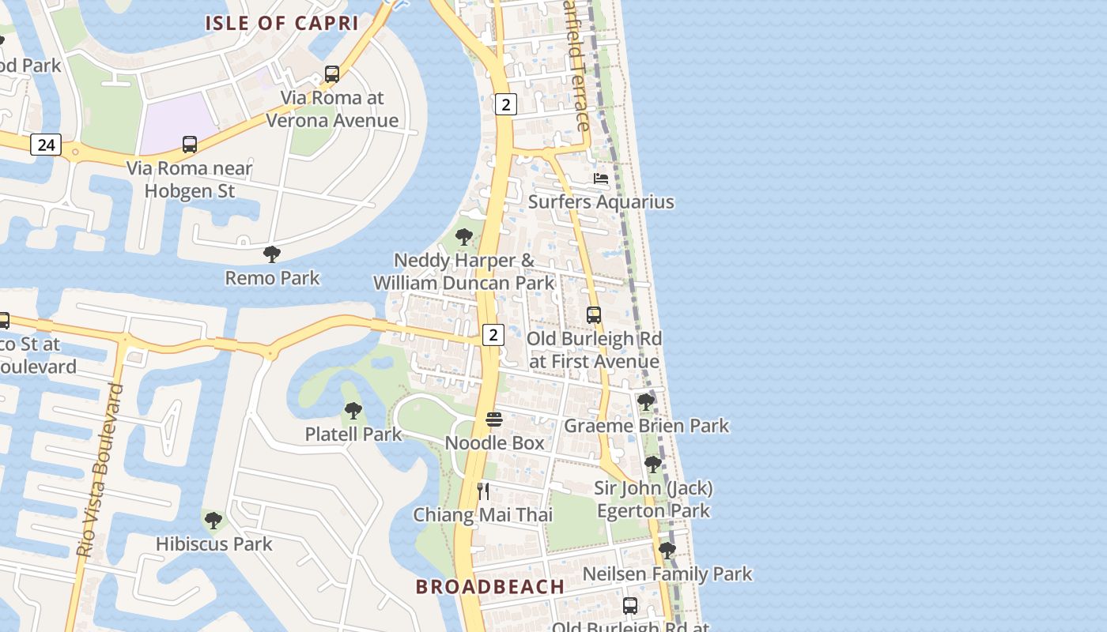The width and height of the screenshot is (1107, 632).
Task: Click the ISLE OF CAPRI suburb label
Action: [282, 23]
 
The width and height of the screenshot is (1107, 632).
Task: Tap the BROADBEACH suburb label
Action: [490, 587]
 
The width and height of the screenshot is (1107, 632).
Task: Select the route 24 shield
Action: [46, 145]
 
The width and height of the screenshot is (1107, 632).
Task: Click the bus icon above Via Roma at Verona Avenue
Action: [332, 74]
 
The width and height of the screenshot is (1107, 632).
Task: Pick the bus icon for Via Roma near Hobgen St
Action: [190, 145]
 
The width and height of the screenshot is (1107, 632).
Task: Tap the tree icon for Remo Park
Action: [272, 254]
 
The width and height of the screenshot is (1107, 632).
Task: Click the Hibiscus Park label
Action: [213, 544]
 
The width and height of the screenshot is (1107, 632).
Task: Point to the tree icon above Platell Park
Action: [353, 411]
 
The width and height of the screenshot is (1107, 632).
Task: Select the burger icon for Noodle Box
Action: [494, 419]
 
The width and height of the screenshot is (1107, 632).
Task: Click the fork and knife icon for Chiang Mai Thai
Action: [483, 491]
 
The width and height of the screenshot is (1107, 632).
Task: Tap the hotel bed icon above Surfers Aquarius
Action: [601, 179]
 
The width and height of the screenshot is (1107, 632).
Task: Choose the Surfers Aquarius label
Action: [601, 201]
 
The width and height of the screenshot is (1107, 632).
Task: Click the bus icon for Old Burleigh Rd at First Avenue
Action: [594, 315]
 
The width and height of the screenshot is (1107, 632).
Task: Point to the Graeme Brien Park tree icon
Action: [646, 402]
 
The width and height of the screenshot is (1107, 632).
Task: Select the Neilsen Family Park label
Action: [667, 574]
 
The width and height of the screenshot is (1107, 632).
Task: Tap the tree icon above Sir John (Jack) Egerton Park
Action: [653, 465]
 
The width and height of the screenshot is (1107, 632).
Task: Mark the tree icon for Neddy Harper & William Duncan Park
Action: [464, 237]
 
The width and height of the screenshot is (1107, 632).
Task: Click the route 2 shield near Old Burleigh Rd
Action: [493, 334]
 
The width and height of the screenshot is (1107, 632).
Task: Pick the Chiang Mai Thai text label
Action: [483, 515]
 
